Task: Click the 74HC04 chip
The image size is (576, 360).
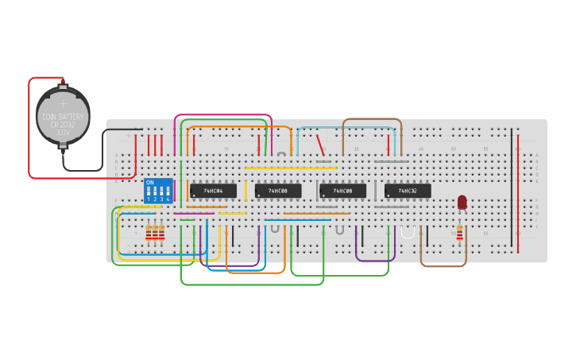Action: [x=212, y=191]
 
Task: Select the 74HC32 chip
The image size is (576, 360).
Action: [x=408, y=191]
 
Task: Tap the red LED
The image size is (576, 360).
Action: [x=462, y=203]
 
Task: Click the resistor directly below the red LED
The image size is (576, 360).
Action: [x=459, y=231]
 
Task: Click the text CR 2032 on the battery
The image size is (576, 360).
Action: [x=63, y=124]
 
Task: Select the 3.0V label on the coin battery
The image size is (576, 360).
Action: [x=63, y=132]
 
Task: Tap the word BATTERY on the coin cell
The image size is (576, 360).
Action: [x=72, y=117]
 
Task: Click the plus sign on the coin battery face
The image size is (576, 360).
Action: [x=63, y=103]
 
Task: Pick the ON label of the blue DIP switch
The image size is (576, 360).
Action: [x=149, y=182]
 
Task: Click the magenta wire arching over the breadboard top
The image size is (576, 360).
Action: [x=222, y=115]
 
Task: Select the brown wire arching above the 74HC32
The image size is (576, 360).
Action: [x=372, y=120]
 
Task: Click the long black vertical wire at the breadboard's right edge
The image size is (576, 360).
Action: [x=512, y=183]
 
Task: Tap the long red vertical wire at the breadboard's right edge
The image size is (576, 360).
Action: [x=518, y=191]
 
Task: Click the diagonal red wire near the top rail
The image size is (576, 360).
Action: [x=319, y=143]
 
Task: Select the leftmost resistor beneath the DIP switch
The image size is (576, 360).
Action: [x=149, y=232]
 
